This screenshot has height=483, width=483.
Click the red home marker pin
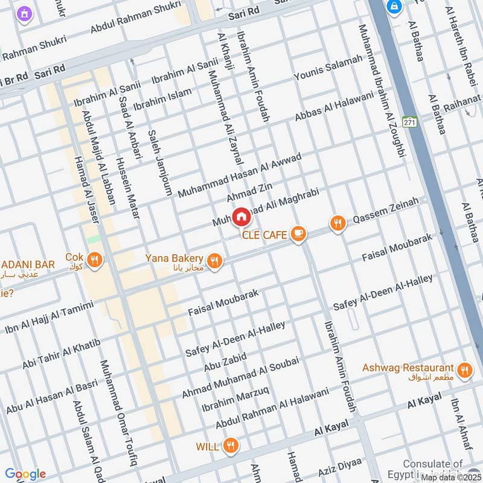241,216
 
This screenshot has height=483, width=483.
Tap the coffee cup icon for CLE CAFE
297,234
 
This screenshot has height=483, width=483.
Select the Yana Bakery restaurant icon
214,260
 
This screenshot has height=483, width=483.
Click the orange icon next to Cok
94,260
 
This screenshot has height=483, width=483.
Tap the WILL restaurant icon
229,446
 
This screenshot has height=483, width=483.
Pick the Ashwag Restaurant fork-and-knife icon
464,370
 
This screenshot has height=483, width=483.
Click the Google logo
25,474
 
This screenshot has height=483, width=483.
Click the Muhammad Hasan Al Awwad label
238,173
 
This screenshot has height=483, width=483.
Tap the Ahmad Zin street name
246,194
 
